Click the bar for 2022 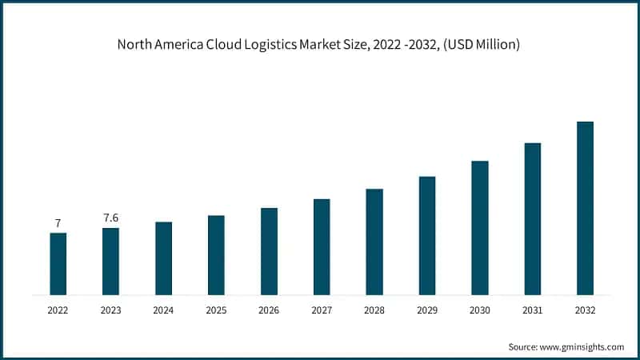tap(58, 264)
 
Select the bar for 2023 tap(110, 262)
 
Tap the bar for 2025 tap(216, 255)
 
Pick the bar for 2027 tap(322, 247)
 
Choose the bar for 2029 tap(427, 236)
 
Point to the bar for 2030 tap(480, 228)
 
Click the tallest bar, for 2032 tap(585, 208)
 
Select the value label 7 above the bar tap(58, 222)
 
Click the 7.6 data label tap(110, 218)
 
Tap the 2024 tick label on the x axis tap(163, 309)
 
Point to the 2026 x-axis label tap(269, 309)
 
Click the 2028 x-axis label tap(374, 309)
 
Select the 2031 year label tap(532, 309)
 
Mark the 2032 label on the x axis tap(585, 309)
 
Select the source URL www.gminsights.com tap(578, 346)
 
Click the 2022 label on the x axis tap(58, 309)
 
